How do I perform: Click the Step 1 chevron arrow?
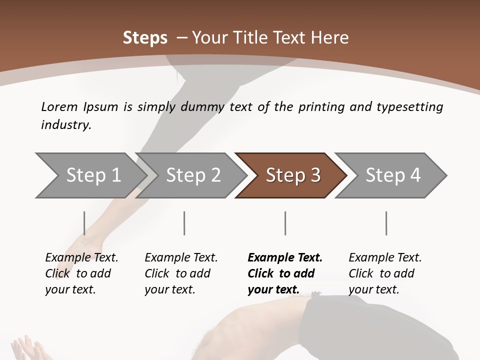coord(90,175)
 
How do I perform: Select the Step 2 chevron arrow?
coord(192,175)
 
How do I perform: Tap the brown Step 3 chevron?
coord(292,175)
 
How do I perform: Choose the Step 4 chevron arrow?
coord(392,175)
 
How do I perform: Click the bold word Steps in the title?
coord(145,38)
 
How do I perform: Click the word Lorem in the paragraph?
coord(59,106)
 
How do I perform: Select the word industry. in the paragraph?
coord(66,125)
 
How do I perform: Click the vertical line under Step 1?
coord(84,223)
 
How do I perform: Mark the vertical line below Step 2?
coord(184,223)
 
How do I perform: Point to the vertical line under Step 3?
coord(285,223)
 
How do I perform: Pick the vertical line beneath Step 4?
coord(386,223)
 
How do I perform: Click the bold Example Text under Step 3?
coord(285,258)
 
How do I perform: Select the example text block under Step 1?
coord(81,273)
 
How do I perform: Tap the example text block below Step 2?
coord(181,273)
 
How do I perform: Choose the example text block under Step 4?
coord(385,273)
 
